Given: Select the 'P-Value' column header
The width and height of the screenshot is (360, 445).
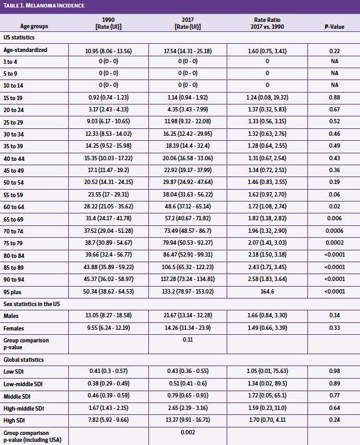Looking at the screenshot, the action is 334,26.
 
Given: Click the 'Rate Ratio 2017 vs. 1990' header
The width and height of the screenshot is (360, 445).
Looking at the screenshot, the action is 267,23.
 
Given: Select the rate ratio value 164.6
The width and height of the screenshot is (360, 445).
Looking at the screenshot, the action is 267,292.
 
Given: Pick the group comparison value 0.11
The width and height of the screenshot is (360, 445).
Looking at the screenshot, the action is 187,339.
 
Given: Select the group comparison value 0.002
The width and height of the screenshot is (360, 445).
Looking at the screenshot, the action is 187,432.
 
